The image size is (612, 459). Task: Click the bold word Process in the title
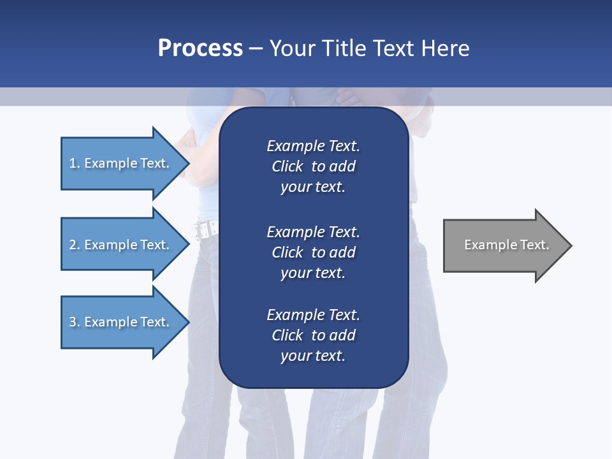pyautogui.click(x=200, y=48)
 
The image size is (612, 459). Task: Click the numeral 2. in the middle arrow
pyautogui.click(x=75, y=245)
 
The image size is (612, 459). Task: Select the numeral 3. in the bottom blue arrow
pyautogui.click(x=75, y=322)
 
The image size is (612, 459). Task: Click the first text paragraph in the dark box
pyautogui.click(x=313, y=166)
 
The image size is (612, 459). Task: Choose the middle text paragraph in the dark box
pyautogui.click(x=313, y=252)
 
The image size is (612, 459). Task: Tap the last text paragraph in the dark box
pyautogui.click(x=313, y=335)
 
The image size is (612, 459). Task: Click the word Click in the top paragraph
pyautogui.click(x=287, y=166)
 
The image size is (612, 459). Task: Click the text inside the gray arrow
pyautogui.click(x=507, y=245)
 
